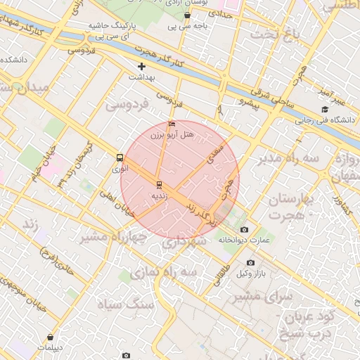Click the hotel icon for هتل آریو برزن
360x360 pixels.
(172, 124)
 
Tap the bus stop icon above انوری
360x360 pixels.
(119, 158)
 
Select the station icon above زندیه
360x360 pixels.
(159, 185)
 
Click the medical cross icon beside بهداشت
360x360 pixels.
(141, 66)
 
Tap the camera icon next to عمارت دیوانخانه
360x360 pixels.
(244, 229)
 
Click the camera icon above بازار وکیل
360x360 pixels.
(251, 262)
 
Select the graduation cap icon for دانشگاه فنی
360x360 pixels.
(325, 109)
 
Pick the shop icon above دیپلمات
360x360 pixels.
(50, 337)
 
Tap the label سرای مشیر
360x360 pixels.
(265, 297)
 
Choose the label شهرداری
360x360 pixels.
(184, 241)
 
